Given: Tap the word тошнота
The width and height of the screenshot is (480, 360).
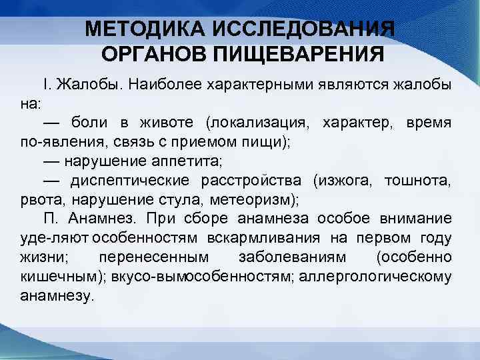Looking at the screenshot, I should pyautogui.click(x=420, y=181).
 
